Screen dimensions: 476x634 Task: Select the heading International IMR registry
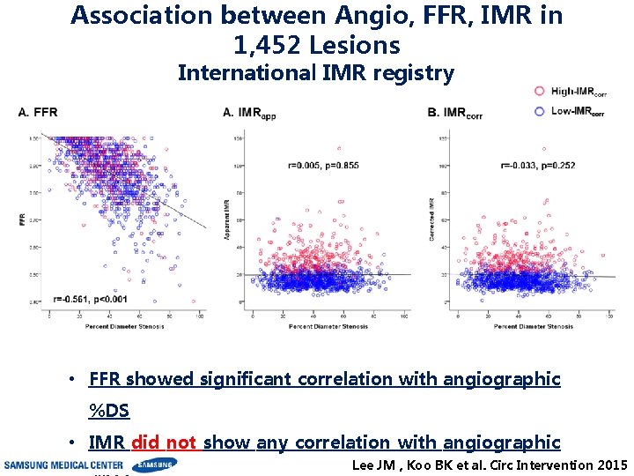(316, 73)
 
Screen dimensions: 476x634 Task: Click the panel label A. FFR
(38, 112)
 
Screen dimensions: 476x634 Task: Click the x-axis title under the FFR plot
(124, 326)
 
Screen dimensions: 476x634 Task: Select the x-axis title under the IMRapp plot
(328, 326)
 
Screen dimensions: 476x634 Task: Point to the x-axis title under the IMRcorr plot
(533, 326)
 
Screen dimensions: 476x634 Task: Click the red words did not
(166, 443)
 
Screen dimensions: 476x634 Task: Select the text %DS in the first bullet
(108, 411)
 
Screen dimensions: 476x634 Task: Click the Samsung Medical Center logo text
(63, 465)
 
